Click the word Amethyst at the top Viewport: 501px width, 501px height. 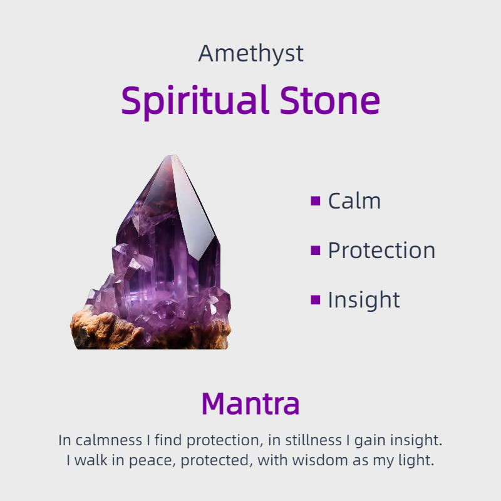[250, 54]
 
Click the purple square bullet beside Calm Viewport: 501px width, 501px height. [315, 201]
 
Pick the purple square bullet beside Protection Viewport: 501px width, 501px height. [315, 250]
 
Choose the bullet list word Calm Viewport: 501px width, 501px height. [354, 201]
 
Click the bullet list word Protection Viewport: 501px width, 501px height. [381, 250]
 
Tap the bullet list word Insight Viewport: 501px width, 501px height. [364, 300]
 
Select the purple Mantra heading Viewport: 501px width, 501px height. [250, 404]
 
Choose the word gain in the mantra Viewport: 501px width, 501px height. [368, 440]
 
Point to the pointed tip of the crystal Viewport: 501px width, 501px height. [172, 157]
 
